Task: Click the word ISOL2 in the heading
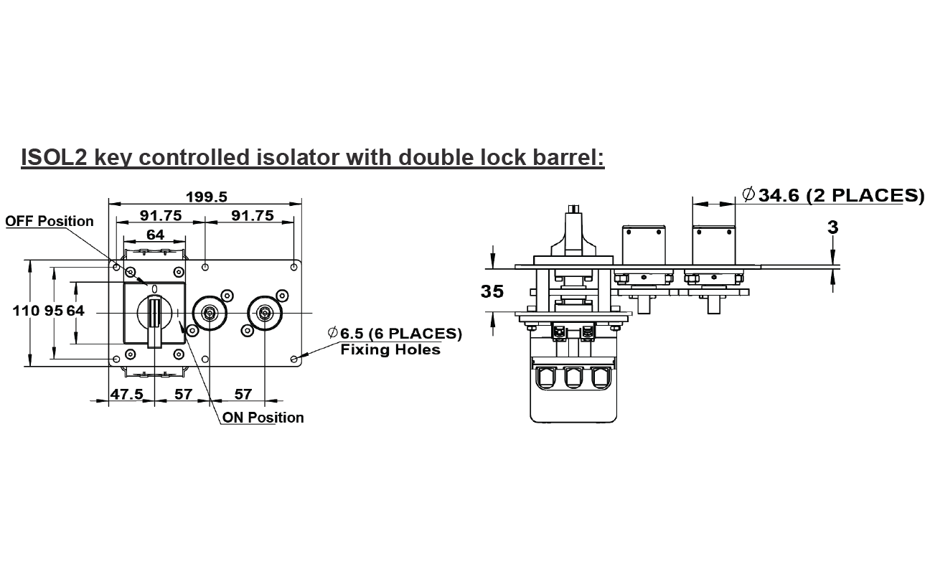tap(55, 157)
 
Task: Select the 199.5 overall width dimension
tap(206, 197)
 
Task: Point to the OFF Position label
tap(50, 221)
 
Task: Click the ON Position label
tap(263, 418)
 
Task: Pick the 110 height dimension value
tap(24, 311)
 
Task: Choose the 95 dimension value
tap(55, 311)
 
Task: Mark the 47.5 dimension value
tap(127, 395)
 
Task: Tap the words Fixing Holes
tap(390, 349)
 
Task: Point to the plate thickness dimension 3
tap(832, 227)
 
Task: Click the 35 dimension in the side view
tap(492, 292)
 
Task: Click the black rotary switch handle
tap(154, 319)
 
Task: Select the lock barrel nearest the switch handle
tap(210, 314)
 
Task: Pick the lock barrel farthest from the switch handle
tap(264, 314)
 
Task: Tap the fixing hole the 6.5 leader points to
tap(293, 358)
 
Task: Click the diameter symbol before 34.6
tap(748, 194)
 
